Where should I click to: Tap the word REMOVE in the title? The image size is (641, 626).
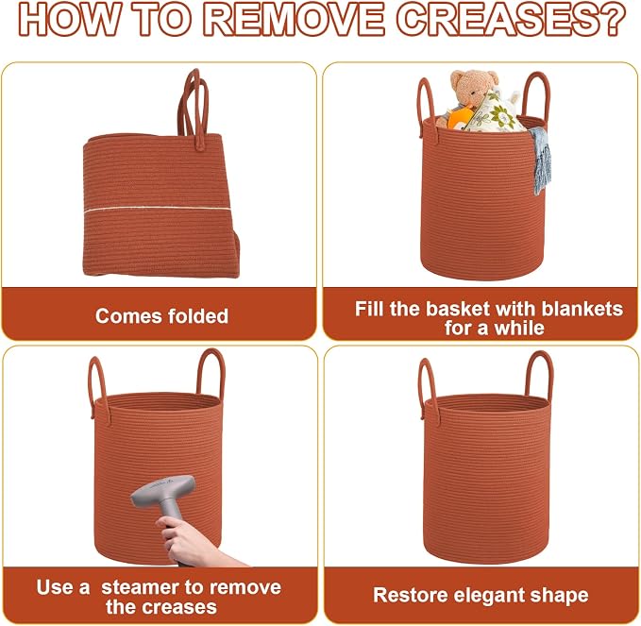(x=294, y=19)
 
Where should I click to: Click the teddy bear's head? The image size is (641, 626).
(x=474, y=87)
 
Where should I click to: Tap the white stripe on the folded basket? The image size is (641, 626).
(x=157, y=209)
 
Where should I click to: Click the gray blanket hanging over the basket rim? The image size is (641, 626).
(x=540, y=161)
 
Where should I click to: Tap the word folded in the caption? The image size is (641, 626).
(x=198, y=316)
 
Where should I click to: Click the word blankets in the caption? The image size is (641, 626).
(x=582, y=309)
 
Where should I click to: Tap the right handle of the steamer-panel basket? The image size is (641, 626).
(x=211, y=376)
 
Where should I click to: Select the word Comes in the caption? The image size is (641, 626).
(x=129, y=316)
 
